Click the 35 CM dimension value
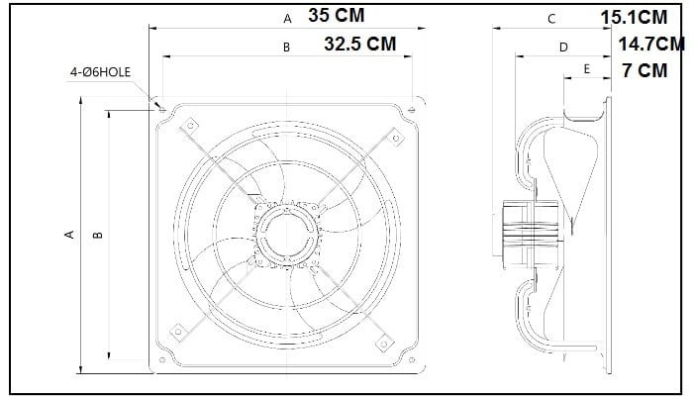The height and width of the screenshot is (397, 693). point(337,16)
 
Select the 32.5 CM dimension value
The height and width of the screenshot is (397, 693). point(360,44)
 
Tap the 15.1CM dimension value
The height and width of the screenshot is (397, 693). point(634,18)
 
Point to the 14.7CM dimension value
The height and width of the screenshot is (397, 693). point(651,45)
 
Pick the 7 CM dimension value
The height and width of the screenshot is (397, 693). point(644,70)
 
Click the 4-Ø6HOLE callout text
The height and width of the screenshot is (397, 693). point(100,72)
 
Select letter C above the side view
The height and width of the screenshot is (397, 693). point(551,19)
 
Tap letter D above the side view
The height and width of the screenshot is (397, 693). point(563,48)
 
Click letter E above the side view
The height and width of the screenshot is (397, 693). point(586,69)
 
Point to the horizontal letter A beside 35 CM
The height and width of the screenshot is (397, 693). point(287,19)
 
